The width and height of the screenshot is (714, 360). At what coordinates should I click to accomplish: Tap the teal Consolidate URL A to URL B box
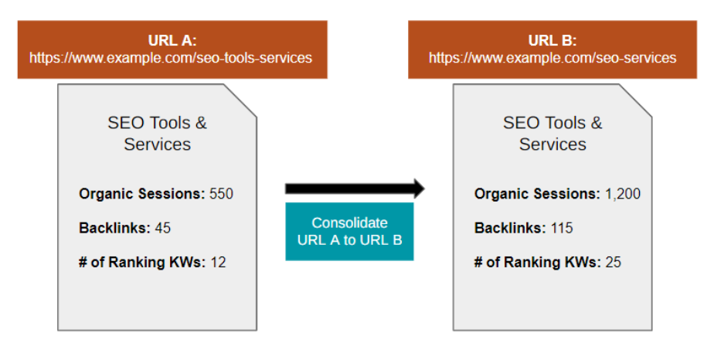349,231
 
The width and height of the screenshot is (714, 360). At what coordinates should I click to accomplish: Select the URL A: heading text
172,41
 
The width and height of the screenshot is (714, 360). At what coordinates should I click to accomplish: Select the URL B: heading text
552,41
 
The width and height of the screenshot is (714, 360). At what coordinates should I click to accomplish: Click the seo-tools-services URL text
172,58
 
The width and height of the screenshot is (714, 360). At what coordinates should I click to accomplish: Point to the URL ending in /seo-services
552,58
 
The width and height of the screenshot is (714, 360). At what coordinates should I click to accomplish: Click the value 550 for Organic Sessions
221,194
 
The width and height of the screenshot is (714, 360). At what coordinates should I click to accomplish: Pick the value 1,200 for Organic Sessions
622,194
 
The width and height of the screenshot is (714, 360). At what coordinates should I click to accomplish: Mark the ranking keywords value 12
219,263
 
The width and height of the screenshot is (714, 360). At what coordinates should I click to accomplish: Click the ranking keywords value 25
613,263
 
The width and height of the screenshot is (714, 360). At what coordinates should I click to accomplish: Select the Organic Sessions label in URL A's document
142,194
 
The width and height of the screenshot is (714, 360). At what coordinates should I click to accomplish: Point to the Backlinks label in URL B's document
510,228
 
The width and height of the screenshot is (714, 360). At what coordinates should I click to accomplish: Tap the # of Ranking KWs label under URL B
536,263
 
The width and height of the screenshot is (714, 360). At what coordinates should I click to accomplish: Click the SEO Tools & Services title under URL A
158,133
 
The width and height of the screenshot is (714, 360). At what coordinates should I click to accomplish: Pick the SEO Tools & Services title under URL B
552,133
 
